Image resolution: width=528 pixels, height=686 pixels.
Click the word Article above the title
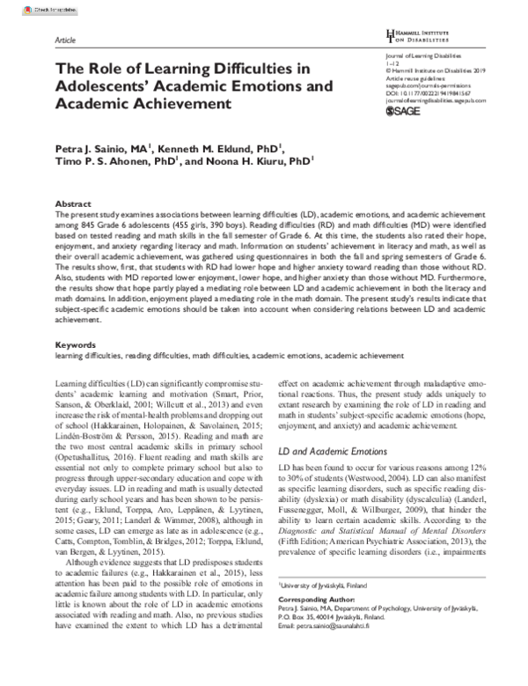click(65, 41)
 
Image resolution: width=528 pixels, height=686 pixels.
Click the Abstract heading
click(74, 203)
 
